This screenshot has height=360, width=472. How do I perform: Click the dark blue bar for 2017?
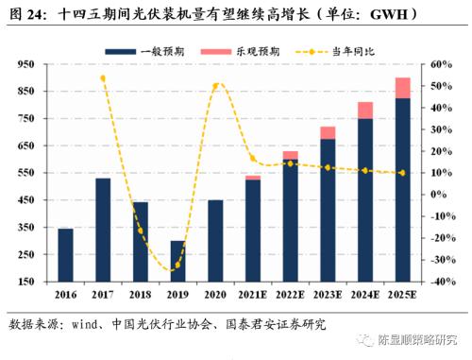[103, 230]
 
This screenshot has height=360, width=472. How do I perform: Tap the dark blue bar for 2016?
[65, 255]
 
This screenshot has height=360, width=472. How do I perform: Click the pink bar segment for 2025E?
[402, 88]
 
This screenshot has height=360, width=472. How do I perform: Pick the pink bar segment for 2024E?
[364, 110]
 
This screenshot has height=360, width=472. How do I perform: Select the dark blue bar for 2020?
[215, 241]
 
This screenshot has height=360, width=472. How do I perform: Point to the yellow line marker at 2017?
[103, 78]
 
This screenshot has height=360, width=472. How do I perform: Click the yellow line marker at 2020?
[215, 86]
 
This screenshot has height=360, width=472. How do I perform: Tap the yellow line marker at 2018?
[140, 231]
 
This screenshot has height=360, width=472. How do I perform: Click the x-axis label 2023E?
[328, 295]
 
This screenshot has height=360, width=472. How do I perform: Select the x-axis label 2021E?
[252, 295]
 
